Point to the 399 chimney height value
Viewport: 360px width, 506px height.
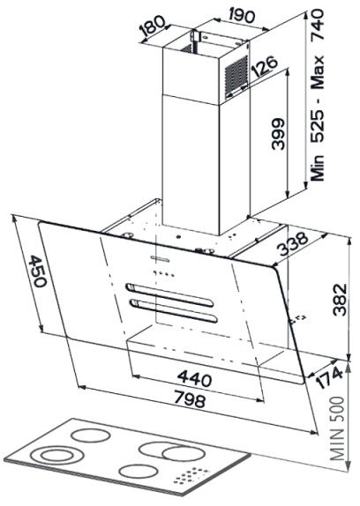[277, 134]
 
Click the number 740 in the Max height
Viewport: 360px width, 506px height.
[317, 25]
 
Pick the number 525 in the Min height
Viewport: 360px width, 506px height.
[317, 127]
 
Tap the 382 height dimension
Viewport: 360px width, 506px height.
[340, 300]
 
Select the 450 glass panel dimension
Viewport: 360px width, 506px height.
[38, 272]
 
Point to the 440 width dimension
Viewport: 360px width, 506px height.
[195, 378]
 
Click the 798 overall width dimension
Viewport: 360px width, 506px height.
[190, 398]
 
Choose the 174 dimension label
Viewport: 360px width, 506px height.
[329, 378]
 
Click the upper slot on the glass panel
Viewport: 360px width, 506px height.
[170, 294]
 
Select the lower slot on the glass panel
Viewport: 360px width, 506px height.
[174, 310]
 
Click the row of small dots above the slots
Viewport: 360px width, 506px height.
[164, 273]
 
